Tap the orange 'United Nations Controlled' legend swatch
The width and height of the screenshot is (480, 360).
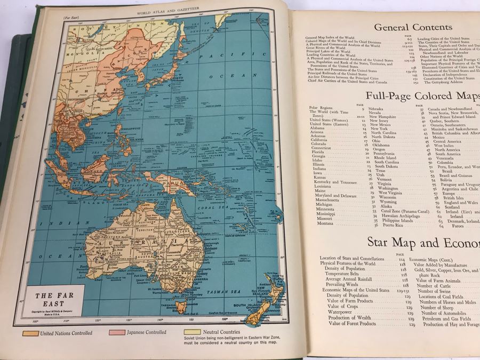point(31,333)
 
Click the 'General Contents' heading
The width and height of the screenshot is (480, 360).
point(413,27)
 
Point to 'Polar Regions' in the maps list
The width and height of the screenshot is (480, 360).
point(321,108)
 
